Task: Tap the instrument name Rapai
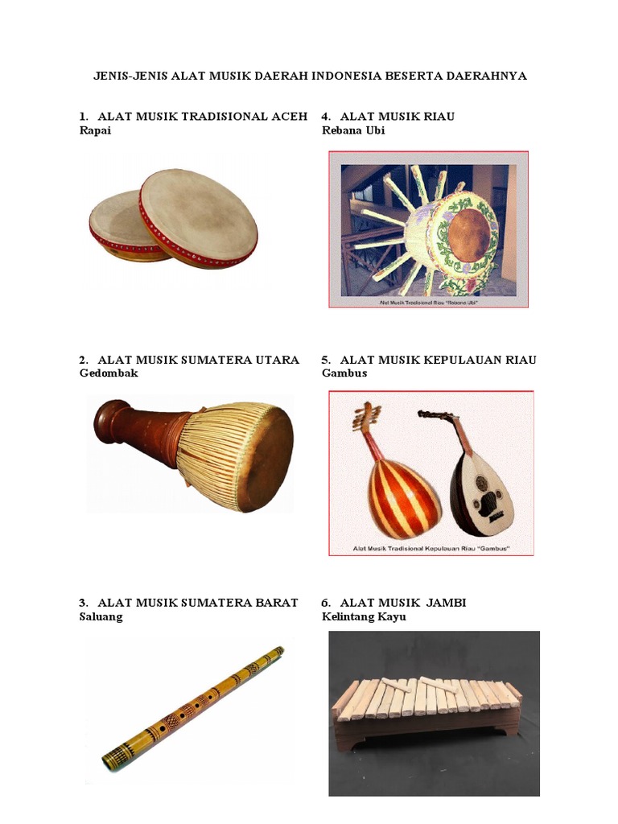95,131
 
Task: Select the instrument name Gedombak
109,373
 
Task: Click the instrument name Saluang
101,617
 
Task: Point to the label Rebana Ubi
353,131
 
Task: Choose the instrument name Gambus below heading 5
344,373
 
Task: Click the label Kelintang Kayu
364,617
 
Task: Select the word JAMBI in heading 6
447,603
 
